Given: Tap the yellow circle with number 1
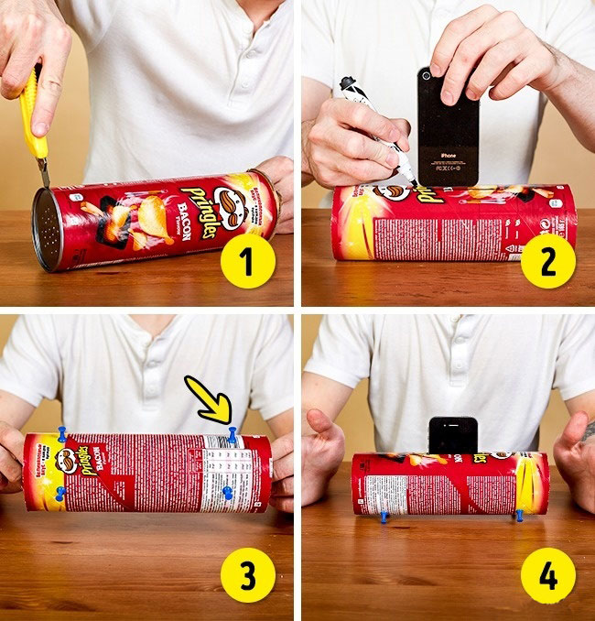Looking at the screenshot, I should coord(248,262).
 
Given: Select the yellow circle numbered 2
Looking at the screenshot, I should coord(547,262).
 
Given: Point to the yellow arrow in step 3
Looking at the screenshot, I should coord(210,400).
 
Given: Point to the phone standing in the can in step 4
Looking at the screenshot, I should coord(453,434).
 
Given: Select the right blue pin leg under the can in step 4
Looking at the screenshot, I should coord(519,516).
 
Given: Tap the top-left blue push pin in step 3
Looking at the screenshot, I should coord(62,433).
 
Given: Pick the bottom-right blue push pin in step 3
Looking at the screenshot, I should coord(227,494).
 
